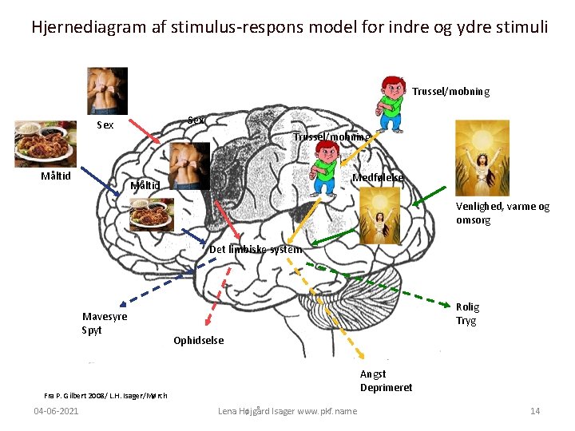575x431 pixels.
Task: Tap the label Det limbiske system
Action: [255, 249]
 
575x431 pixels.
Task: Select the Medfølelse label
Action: [378, 177]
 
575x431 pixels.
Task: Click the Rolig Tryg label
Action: [466, 314]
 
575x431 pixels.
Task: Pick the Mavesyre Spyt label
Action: [104, 323]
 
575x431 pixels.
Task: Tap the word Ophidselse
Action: [198, 341]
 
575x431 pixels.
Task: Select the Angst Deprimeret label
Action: [386, 381]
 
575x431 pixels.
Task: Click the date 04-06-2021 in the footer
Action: [56, 411]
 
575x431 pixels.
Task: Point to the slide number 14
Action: [535, 411]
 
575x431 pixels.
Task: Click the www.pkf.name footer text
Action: [327, 411]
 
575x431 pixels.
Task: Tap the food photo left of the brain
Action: [45, 144]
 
